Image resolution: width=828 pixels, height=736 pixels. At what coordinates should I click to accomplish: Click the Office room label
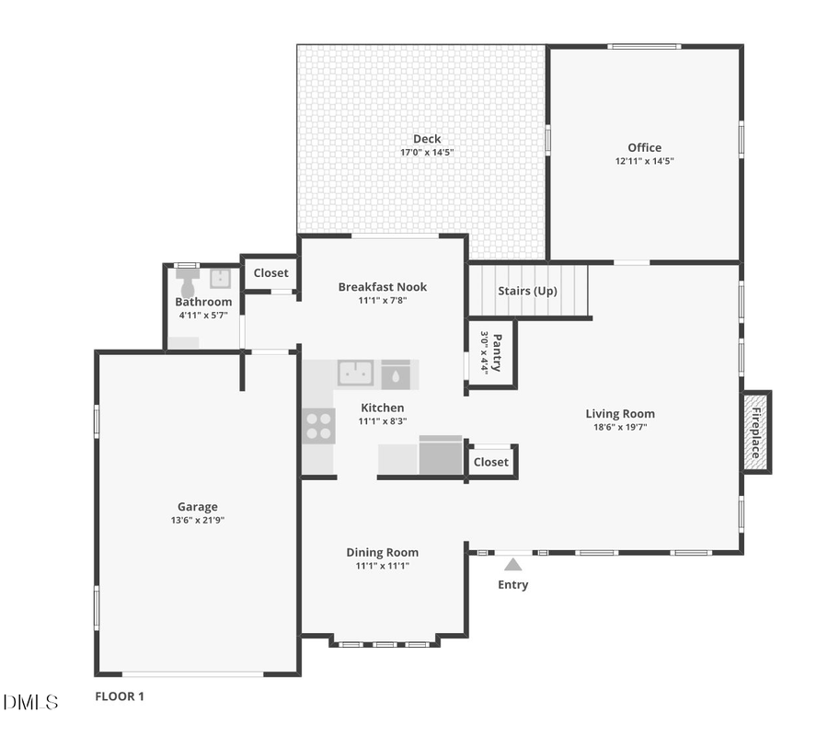tap(644, 147)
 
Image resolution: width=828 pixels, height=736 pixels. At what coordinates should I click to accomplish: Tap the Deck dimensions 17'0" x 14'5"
tap(426, 153)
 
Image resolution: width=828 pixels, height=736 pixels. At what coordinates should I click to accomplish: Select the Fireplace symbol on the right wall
tap(755, 431)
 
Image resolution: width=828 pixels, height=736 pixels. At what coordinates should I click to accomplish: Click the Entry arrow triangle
tap(512, 564)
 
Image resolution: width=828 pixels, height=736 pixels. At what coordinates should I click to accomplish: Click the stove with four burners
tap(318, 426)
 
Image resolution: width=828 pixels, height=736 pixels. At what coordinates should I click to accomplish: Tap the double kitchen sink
tap(355, 373)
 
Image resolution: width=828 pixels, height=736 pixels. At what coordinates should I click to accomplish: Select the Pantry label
tap(497, 351)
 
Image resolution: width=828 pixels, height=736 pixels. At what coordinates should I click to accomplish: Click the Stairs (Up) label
tap(528, 291)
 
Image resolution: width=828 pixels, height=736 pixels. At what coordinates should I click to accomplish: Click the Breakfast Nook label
tap(382, 287)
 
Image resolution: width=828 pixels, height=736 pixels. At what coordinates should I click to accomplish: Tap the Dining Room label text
tap(382, 552)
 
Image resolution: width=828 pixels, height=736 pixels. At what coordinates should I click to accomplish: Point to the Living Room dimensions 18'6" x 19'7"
tap(620, 427)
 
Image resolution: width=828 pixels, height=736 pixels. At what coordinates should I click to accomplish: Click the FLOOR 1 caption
tap(120, 696)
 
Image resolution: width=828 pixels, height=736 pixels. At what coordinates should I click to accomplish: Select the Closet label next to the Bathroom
tap(270, 273)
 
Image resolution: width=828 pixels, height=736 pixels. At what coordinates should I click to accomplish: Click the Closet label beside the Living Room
tap(490, 462)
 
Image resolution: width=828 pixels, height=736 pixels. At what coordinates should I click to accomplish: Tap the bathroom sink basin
tap(220, 278)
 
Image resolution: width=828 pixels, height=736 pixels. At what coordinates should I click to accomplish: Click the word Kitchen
tap(382, 408)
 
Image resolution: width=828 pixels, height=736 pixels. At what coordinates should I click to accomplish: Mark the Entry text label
tap(512, 585)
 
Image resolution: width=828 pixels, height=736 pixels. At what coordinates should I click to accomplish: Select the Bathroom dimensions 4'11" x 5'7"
tap(203, 316)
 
